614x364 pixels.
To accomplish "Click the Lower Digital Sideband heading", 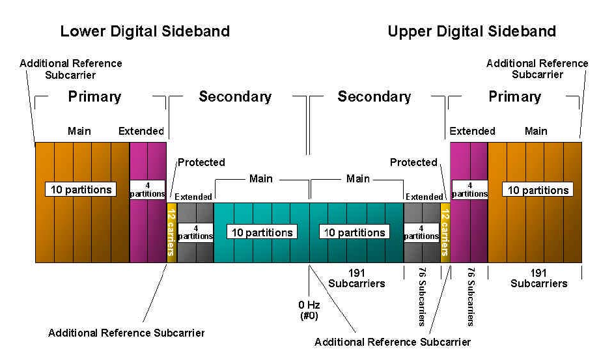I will (x=145, y=31).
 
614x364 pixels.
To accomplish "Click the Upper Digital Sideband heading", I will (x=471, y=31).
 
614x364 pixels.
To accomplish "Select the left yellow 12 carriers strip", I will (x=172, y=232).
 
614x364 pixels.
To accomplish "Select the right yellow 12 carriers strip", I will (x=445, y=232).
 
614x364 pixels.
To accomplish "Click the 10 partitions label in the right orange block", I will (x=538, y=189).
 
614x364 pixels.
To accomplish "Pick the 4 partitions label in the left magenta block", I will (x=147, y=189).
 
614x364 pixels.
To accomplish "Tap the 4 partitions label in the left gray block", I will (x=195, y=232).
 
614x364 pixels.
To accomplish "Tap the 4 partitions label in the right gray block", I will (x=421, y=232).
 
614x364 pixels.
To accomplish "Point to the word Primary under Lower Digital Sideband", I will (x=94, y=97).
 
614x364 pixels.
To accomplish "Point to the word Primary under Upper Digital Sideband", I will (x=514, y=97).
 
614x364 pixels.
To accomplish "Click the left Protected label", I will (x=201, y=162).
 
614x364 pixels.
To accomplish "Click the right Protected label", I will (x=413, y=162).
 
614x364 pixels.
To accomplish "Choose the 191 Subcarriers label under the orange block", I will (x=538, y=278).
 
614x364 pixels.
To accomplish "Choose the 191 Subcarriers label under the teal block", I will (x=356, y=278).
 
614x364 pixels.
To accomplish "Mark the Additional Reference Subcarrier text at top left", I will (x=71, y=69).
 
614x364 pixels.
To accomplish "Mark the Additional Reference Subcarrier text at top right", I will (x=537, y=69).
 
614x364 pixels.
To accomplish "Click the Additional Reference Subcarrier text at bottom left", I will (x=126, y=333).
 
